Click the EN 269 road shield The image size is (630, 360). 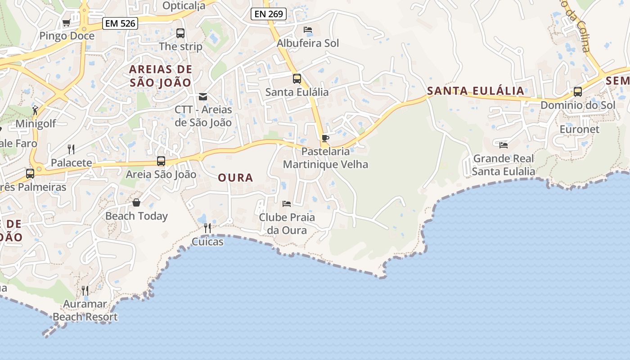269,14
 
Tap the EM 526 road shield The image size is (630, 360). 120,23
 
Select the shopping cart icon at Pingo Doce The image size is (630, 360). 67,22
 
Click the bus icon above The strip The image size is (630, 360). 180,33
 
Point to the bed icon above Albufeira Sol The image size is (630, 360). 308,30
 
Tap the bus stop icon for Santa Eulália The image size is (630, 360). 297,79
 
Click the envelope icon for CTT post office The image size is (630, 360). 203,96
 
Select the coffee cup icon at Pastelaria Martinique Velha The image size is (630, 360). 325,138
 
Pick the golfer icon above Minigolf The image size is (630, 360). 35,110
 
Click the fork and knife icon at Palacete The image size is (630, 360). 71,149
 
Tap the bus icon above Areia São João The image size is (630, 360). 161,161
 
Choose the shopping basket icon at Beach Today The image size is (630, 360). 136,202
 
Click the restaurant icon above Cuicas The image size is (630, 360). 207,228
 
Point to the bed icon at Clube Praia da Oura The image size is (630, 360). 287,204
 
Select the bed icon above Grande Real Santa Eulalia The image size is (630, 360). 504,145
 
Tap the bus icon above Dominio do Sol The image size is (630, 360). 577,92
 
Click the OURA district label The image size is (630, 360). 235,178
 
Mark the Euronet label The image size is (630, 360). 579,130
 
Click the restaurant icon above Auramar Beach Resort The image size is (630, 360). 85,290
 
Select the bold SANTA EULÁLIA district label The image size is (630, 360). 476,91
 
